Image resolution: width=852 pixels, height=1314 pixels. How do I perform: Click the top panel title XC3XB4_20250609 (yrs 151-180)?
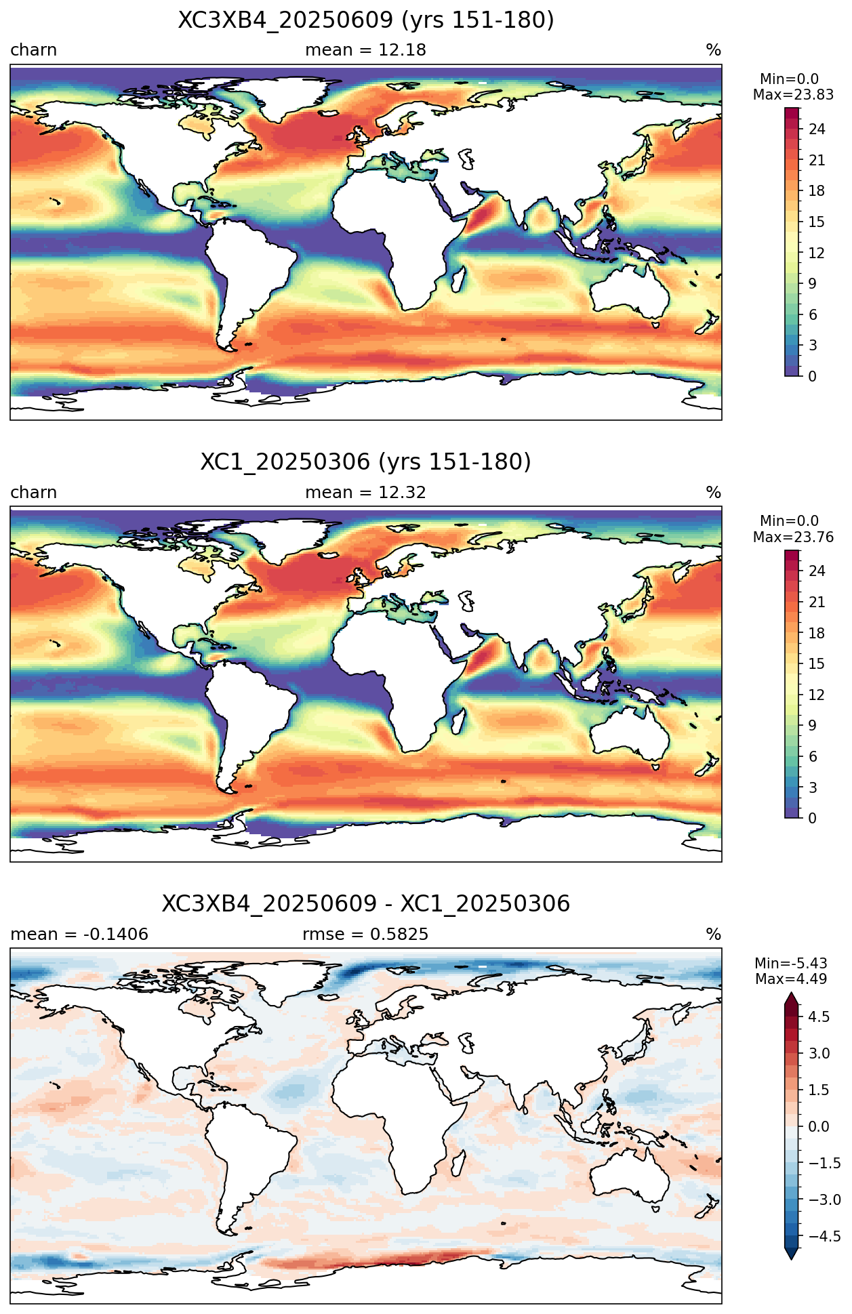pyautogui.click(x=366, y=20)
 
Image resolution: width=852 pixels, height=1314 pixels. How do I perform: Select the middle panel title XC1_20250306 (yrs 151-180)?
pyautogui.click(x=366, y=462)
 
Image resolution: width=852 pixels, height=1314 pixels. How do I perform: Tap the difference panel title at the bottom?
pyautogui.click(x=366, y=904)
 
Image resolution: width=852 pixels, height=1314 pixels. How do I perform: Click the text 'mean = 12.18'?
pyautogui.click(x=366, y=50)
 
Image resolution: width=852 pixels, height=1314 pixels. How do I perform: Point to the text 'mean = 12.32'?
pyautogui.click(x=366, y=493)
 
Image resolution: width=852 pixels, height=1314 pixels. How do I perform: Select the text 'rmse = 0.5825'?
pyautogui.click(x=366, y=935)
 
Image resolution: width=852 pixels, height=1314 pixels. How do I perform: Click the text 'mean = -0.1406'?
pyautogui.click(x=79, y=935)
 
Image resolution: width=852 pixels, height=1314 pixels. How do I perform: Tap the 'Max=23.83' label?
pyautogui.click(x=793, y=95)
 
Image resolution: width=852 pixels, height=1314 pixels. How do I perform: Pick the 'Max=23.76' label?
pyautogui.click(x=793, y=537)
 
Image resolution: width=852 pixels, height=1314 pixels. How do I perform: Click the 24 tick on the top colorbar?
pyautogui.click(x=817, y=129)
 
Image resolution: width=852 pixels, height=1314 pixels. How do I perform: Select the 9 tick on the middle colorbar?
pyautogui.click(x=812, y=726)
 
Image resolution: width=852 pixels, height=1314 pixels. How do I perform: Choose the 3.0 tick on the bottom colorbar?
pyautogui.click(x=819, y=1053)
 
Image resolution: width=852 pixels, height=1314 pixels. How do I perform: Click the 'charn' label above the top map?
pyautogui.click(x=33, y=50)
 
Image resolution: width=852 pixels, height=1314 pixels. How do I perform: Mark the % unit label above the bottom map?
pyautogui.click(x=713, y=935)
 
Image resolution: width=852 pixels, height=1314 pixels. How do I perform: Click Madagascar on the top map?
pyautogui.click(x=460, y=281)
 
